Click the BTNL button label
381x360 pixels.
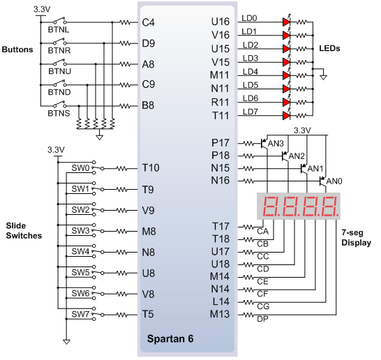tap(59, 29)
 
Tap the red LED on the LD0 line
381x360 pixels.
tap(287, 22)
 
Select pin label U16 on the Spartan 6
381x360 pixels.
tap(220, 22)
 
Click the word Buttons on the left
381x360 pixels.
tap(17, 50)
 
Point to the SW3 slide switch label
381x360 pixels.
tap(80, 230)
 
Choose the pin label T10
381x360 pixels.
tap(151, 168)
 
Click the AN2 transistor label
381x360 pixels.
tap(297, 156)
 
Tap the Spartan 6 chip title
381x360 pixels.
tap(170, 338)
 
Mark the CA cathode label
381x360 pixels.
tap(262, 232)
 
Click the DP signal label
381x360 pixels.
tap(262, 319)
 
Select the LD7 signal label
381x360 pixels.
tap(251, 112)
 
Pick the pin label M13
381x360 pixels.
tap(220, 314)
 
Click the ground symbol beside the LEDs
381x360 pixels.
tap(323, 77)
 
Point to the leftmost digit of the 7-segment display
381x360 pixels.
tap(271, 207)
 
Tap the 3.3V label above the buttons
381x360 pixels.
tap(42, 9)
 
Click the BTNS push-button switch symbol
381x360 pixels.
tap(59, 105)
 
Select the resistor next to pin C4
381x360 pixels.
tap(126, 22)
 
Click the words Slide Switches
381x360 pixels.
tap(24, 230)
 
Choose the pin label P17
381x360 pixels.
tap(221, 143)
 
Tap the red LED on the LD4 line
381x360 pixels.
tap(287, 75)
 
